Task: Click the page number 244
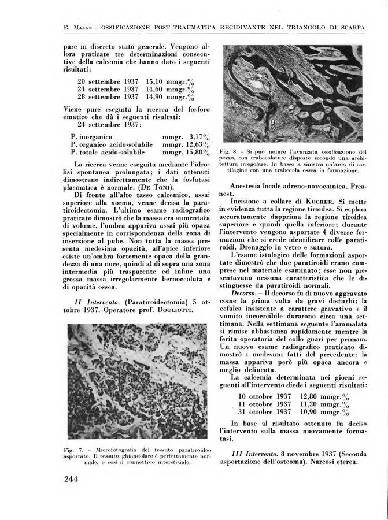click(x=77, y=478)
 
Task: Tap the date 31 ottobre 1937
click(x=264, y=411)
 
